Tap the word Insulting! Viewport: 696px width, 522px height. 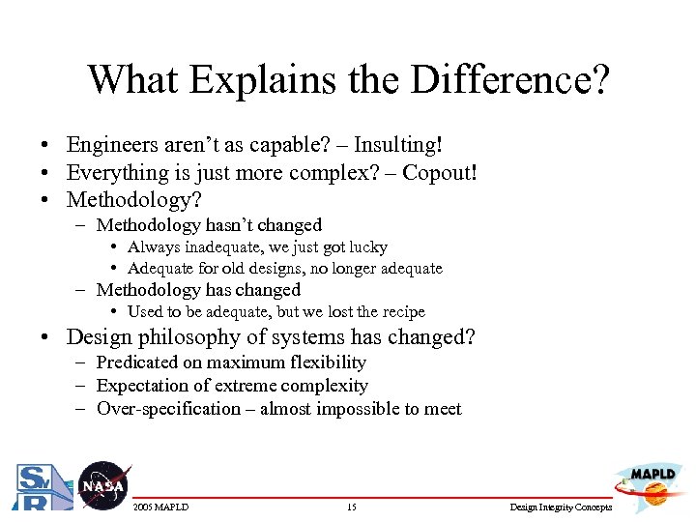398,145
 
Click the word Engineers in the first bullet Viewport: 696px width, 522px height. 112,145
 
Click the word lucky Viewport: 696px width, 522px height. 368,247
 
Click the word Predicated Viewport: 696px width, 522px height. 137,362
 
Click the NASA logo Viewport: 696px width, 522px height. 102,484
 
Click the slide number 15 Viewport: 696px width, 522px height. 351,507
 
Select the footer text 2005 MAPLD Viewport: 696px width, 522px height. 161,507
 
